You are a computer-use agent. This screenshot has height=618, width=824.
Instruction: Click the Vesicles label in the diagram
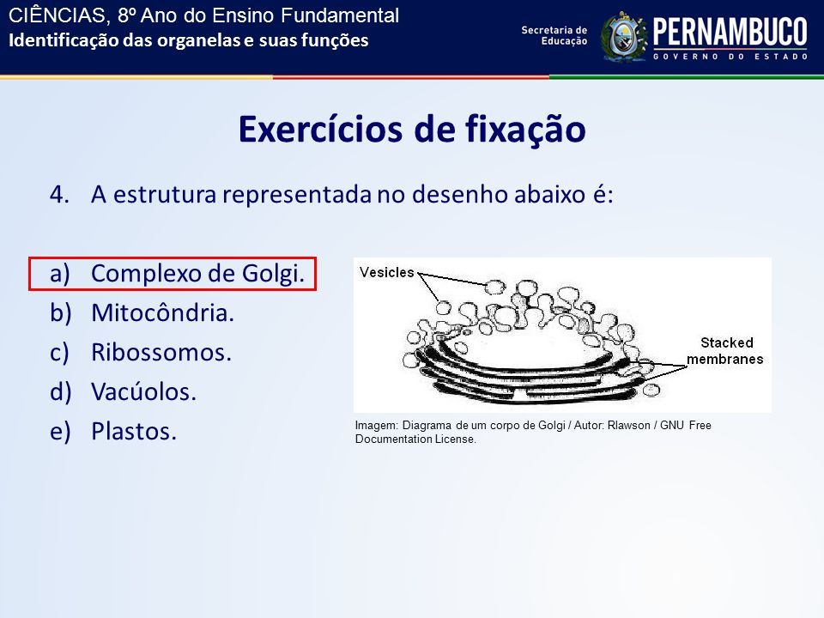click(x=387, y=272)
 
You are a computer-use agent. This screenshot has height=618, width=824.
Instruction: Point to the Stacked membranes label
click(x=725, y=350)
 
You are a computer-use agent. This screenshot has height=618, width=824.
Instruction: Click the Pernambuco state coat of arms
click(x=624, y=37)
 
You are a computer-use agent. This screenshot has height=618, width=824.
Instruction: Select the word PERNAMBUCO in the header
click(x=730, y=32)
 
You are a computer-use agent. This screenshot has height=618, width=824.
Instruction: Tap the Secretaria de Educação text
click(x=554, y=35)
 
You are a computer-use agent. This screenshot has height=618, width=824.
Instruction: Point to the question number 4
click(x=59, y=195)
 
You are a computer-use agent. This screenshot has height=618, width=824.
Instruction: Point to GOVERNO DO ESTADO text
click(x=730, y=57)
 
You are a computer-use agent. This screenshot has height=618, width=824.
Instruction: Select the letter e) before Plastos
click(x=60, y=432)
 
